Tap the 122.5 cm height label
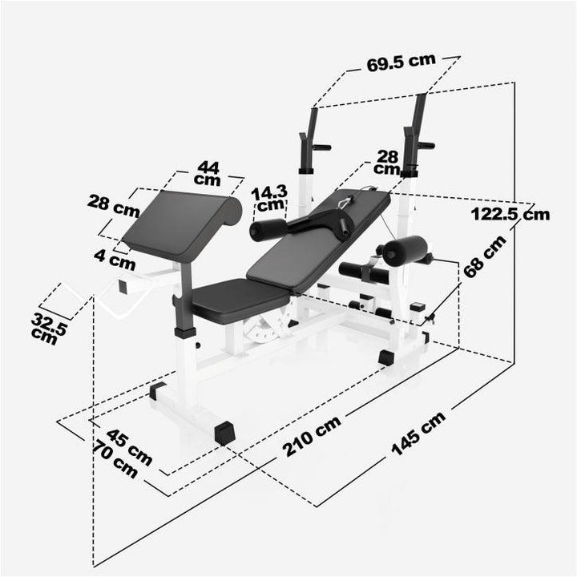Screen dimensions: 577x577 pos(510,213)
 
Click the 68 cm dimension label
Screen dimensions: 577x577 pos(484,256)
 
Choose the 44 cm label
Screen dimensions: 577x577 pos(208,173)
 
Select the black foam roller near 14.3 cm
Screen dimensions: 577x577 pos(268,231)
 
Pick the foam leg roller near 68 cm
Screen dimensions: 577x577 pos(405,250)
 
